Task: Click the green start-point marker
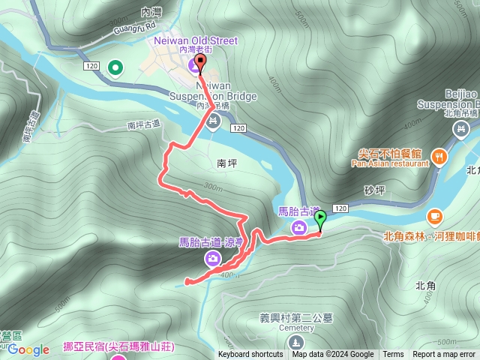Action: click(320, 220)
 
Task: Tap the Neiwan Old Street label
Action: click(195, 40)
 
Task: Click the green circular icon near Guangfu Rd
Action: click(115, 70)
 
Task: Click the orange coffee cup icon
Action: click(434, 217)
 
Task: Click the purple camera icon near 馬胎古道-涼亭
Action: click(214, 259)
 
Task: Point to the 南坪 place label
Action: click(226, 162)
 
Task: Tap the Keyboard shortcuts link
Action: click(250, 355)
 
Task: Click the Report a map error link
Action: click(444, 355)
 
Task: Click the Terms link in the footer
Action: click(393, 355)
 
